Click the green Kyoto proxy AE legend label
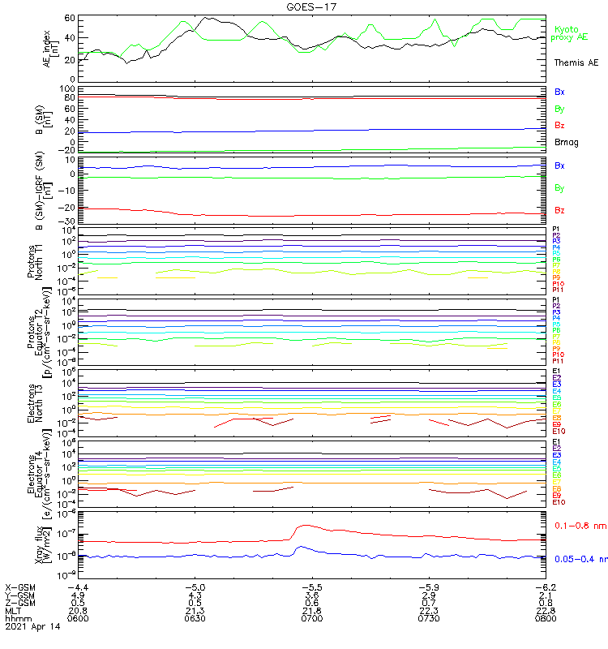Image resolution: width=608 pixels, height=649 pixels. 570,33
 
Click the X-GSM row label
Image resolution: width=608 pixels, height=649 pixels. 20,586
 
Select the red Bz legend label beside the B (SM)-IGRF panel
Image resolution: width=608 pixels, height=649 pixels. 559,211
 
